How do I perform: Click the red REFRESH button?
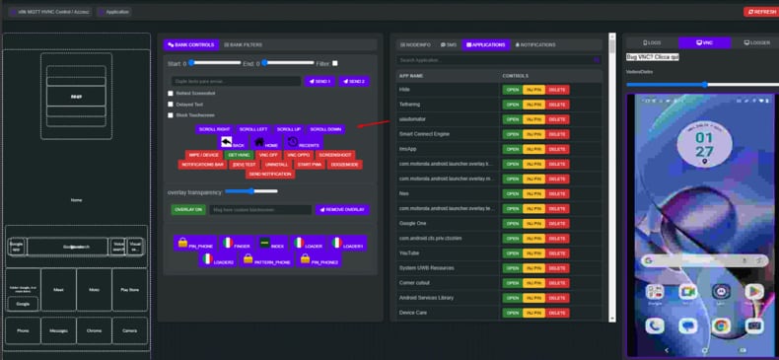(760, 12)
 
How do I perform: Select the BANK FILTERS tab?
(243, 44)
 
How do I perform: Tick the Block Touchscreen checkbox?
(171, 114)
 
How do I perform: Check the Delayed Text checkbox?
(171, 104)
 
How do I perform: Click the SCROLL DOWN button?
(325, 129)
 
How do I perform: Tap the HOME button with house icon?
(266, 143)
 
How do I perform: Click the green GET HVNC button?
(239, 155)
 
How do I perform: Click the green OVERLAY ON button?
(188, 209)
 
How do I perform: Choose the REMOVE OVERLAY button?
(342, 209)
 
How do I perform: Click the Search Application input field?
(498, 60)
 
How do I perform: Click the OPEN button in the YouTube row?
(512, 252)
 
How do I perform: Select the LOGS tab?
(652, 43)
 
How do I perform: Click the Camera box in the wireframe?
(130, 330)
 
